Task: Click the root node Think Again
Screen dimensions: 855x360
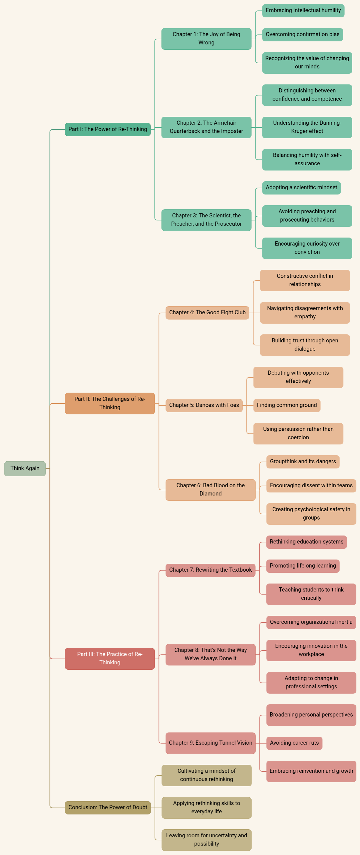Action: click(x=25, y=468)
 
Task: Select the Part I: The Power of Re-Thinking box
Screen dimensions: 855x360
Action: click(x=108, y=129)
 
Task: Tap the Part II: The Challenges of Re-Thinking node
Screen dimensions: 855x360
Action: click(x=110, y=403)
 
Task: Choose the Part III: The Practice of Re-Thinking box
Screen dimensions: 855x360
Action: click(x=110, y=659)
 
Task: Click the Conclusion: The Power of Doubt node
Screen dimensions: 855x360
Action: click(x=108, y=807)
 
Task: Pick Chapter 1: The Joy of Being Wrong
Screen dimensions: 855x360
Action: click(x=206, y=39)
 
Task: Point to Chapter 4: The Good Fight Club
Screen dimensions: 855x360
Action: click(x=207, y=312)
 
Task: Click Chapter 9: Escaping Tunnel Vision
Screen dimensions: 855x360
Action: click(x=210, y=743)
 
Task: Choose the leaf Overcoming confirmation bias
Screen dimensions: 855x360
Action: click(x=302, y=34)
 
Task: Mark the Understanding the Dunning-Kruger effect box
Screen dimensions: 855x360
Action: click(x=307, y=127)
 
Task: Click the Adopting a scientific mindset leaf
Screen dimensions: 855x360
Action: click(x=301, y=188)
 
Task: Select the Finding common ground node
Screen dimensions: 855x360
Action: click(x=287, y=405)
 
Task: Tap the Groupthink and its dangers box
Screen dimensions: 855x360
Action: click(x=303, y=461)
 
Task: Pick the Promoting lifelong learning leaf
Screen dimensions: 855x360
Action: click(x=303, y=566)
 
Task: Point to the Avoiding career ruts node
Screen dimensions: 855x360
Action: click(x=294, y=743)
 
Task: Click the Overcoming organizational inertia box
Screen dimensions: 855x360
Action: click(x=311, y=622)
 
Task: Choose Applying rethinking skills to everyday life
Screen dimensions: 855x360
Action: click(x=206, y=807)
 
